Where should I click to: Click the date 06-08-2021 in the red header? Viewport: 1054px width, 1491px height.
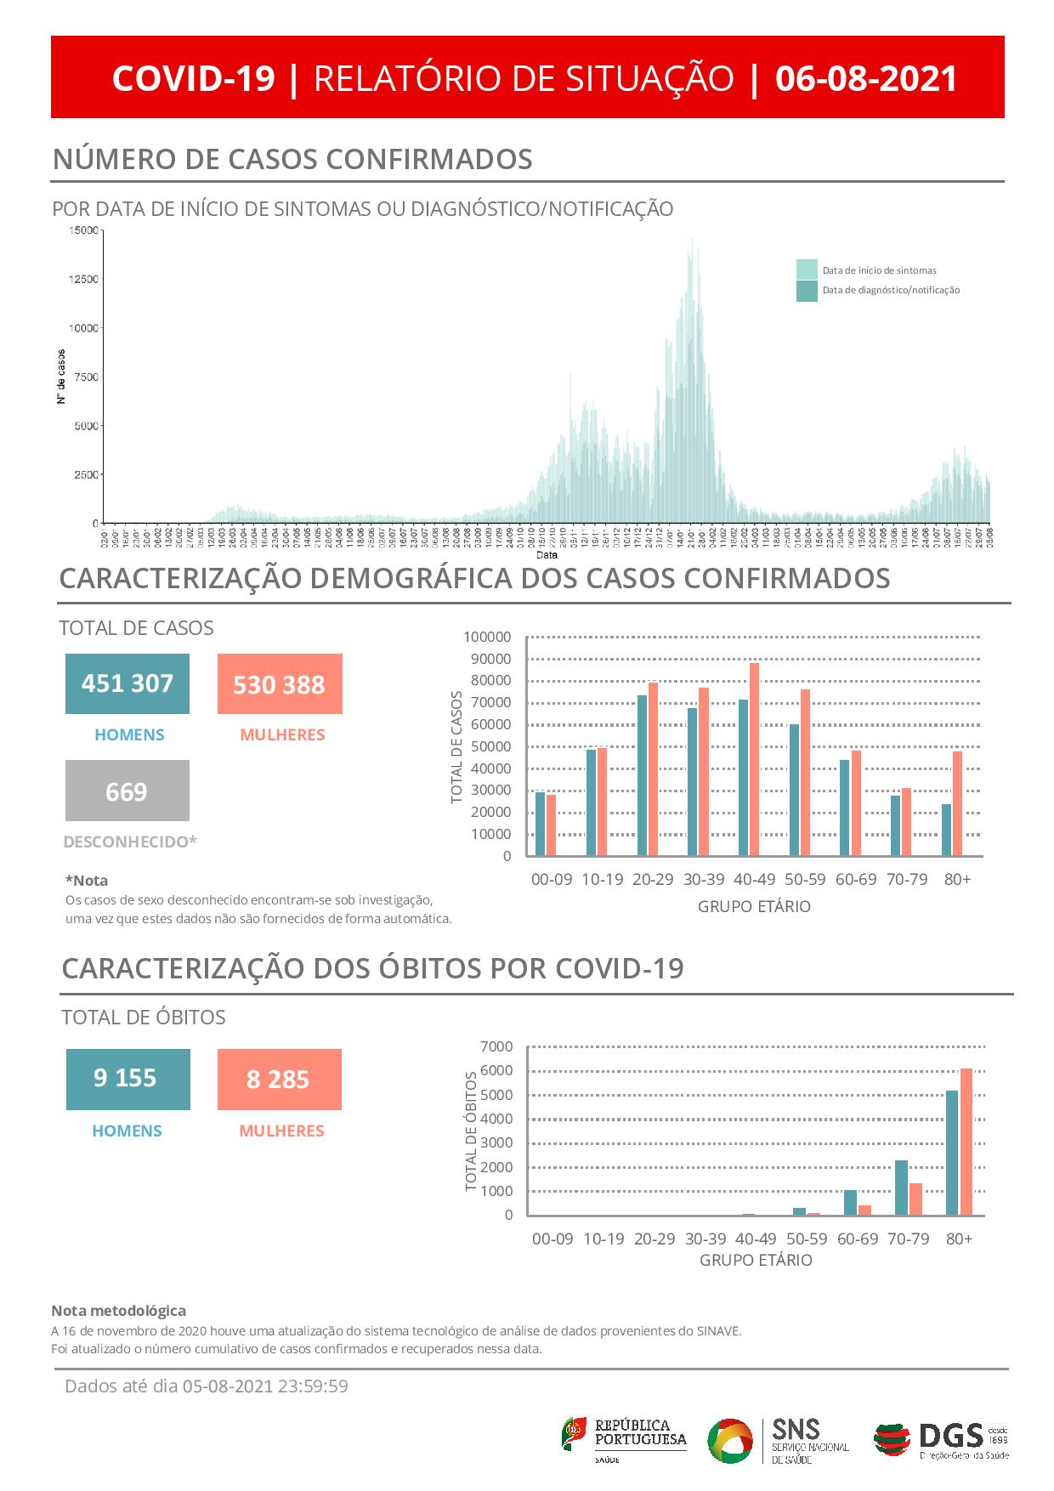(866, 78)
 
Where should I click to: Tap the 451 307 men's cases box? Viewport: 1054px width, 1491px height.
(127, 683)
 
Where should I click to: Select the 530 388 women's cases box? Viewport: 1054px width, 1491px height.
(280, 684)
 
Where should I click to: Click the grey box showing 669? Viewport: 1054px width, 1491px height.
(127, 791)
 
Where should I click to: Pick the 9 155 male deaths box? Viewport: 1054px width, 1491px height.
(127, 1079)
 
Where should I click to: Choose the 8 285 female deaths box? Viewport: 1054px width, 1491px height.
(279, 1080)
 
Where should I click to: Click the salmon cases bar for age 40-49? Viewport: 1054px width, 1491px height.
(754, 759)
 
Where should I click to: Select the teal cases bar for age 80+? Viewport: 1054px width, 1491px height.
(946, 830)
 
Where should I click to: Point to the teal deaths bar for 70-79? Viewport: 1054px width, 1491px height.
(901, 1188)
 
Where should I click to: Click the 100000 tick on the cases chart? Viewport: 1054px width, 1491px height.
(487, 637)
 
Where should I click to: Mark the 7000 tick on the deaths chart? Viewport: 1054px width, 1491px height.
(497, 1046)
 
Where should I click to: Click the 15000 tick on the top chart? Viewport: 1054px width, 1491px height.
(83, 230)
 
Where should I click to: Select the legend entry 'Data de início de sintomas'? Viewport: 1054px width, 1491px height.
(879, 270)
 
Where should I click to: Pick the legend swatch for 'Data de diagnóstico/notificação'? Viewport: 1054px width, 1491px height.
(807, 291)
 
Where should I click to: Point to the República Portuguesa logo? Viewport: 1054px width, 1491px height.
(624, 1439)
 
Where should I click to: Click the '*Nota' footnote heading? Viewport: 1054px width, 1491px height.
(87, 881)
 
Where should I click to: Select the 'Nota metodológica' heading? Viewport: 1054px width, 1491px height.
(118, 1310)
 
